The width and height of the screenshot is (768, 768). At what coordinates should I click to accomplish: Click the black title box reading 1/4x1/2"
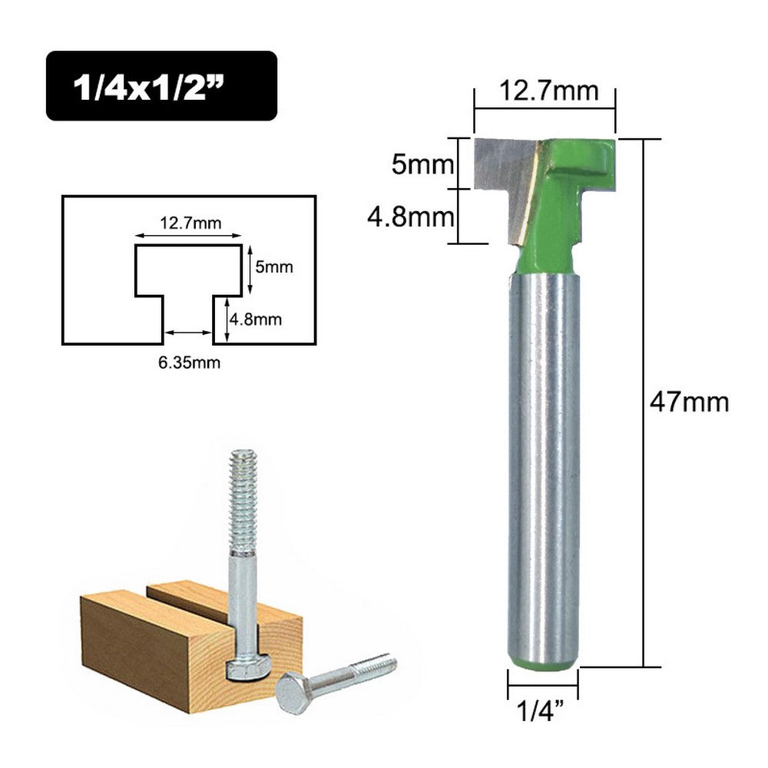[x=161, y=86]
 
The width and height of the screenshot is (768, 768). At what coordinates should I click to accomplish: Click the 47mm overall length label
[x=687, y=402]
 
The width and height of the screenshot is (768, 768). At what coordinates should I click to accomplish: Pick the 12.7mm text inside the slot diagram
[x=190, y=223]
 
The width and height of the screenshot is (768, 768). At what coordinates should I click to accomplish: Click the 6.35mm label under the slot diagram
[x=189, y=363]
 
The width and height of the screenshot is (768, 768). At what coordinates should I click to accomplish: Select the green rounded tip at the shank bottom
[x=543, y=660]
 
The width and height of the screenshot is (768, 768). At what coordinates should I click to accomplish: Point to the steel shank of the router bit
[x=543, y=461]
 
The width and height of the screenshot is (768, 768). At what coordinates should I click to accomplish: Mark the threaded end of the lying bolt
[x=376, y=664]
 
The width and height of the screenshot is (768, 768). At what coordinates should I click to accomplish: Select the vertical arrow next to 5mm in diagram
[x=250, y=270]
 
